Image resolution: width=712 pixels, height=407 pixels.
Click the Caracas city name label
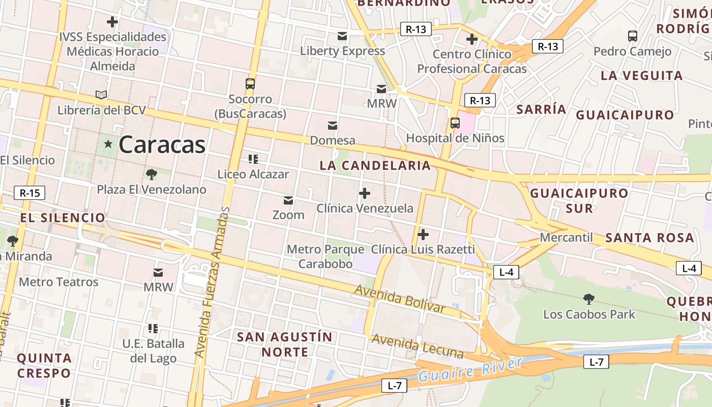[x=162, y=145]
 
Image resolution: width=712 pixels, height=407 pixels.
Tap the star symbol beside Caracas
[x=108, y=144]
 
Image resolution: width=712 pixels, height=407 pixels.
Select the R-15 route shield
[x=29, y=193]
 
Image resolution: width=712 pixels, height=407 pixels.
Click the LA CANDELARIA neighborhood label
[x=375, y=165]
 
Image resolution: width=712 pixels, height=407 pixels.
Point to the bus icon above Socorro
[x=250, y=84]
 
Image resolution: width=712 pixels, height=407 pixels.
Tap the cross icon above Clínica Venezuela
[x=365, y=193]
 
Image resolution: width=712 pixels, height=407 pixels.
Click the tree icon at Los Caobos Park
[x=589, y=299]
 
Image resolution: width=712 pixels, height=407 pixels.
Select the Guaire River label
[x=470, y=370]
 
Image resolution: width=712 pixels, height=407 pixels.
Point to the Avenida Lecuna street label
[x=418, y=346]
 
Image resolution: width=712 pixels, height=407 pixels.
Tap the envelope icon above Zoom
[x=288, y=200]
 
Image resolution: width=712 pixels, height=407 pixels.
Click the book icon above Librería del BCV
[x=101, y=95]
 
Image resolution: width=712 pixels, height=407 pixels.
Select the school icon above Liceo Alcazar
[x=253, y=159]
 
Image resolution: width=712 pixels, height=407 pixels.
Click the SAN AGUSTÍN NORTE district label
[x=285, y=344]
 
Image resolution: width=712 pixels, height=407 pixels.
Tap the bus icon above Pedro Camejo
[x=633, y=36]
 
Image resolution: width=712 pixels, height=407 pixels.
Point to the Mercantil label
[x=567, y=238]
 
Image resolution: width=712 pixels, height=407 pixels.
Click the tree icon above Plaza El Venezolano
[x=151, y=175]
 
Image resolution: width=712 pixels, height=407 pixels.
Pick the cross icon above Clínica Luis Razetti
[x=423, y=235]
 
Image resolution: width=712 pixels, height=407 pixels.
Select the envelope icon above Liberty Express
[x=342, y=36]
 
